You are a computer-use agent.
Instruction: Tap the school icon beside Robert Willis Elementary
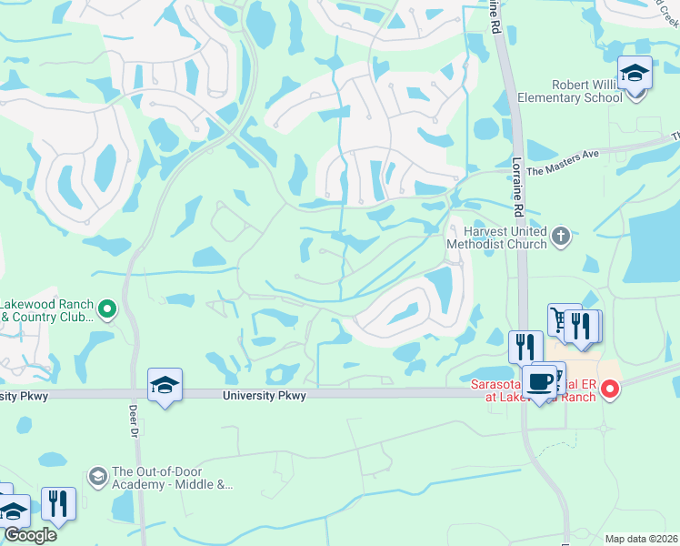tap(635, 73)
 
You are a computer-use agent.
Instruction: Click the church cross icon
tap(561, 238)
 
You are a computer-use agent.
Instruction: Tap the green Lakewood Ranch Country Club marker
tap(106, 310)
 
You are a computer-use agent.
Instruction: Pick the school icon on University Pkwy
tap(165, 386)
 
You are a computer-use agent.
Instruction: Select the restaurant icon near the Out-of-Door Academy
tap(58, 503)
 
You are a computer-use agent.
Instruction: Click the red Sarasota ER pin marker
tap(610, 390)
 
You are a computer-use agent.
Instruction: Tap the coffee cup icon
tap(539, 381)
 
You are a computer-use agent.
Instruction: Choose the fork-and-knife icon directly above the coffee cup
tap(525, 347)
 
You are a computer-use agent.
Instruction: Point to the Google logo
tap(29, 535)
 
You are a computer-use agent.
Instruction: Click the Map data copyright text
tap(642, 539)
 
